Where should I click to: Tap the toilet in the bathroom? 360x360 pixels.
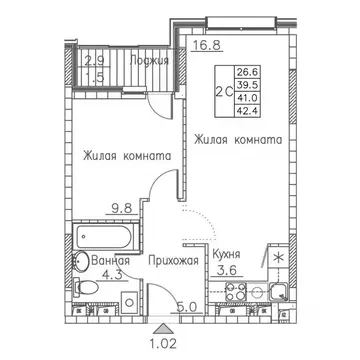[85, 286]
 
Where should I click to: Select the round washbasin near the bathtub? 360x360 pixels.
[80, 262]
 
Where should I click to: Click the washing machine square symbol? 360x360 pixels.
[129, 302]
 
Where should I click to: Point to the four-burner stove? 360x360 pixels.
[235, 292]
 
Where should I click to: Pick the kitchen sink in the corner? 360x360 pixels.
[278, 292]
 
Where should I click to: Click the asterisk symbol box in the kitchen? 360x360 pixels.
[278, 257]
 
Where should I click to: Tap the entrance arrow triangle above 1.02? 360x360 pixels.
[164, 329]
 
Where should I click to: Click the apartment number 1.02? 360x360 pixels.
[164, 343]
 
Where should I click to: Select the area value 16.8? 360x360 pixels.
[207, 44]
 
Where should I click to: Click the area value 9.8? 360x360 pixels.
[122, 208]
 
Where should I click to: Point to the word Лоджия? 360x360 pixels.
[149, 60]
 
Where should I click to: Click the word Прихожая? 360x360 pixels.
[173, 260]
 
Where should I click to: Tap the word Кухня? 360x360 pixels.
[226, 254]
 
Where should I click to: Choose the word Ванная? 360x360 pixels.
[110, 260]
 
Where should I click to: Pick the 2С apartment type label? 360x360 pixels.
[224, 92]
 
